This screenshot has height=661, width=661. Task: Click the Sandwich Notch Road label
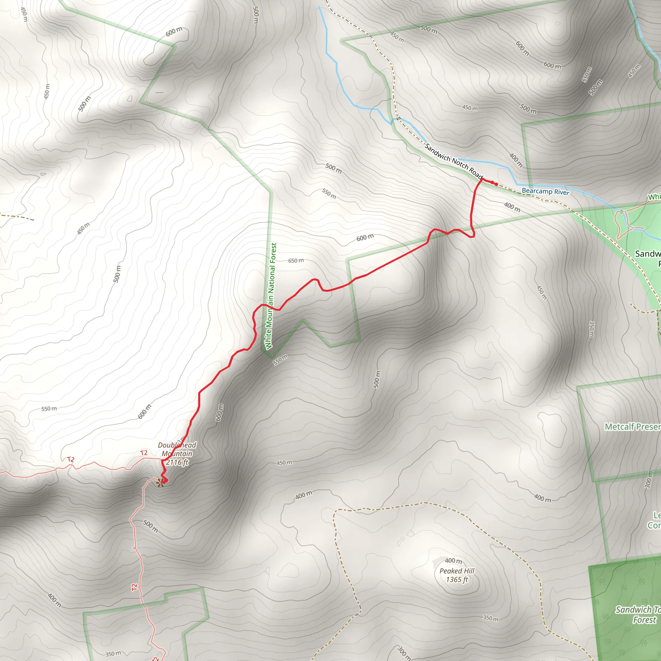pyautogui.click(x=453, y=161)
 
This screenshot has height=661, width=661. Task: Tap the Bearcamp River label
pyautogui.click(x=545, y=191)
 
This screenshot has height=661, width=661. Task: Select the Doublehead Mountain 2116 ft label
pyautogui.click(x=177, y=454)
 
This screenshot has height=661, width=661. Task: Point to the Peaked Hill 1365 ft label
pyautogui.click(x=457, y=575)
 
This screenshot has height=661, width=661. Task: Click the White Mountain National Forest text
pyautogui.click(x=271, y=296)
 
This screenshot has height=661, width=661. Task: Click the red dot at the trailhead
pyautogui.click(x=496, y=184)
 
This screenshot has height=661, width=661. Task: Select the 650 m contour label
pyautogui.click(x=296, y=261)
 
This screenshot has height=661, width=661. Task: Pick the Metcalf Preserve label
pyautogui.click(x=632, y=427)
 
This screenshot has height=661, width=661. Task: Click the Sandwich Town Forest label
pyautogui.click(x=638, y=615)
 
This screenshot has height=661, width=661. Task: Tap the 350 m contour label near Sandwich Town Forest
pyautogui.click(x=491, y=618)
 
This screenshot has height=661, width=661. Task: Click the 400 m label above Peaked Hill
pyautogui.click(x=453, y=560)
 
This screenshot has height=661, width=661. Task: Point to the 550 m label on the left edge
pyautogui.click(x=49, y=409)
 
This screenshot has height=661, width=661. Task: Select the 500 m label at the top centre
pyautogui.click(x=256, y=15)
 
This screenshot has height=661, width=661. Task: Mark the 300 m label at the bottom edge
pyautogui.click(x=404, y=653)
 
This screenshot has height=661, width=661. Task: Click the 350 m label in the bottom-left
pyautogui.click(x=113, y=654)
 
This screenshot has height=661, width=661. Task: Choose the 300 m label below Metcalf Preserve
pyautogui.click(x=648, y=479)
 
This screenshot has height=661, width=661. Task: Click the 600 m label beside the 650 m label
pyautogui.click(x=365, y=238)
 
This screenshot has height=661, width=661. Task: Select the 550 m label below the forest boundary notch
pyautogui.click(x=280, y=360)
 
